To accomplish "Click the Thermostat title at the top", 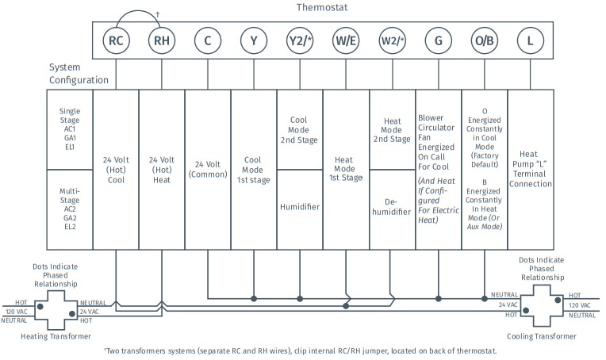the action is pyautogui.click(x=322, y=7).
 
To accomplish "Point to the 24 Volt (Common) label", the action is pyautogui.click(x=208, y=169).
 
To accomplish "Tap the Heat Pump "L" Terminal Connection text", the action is pyautogui.click(x=530, y=169).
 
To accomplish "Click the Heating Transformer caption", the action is pyautogui.click(x=56, y=336).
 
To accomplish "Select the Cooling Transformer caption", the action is pyautogui.click(x=542, y=336).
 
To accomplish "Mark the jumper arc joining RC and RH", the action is pyautogui.click(x=139, y=11).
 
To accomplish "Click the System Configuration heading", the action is pyautogui.click(x=79, y=74).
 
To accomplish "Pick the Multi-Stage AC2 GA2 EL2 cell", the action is pyautogui.click(x=70, y=209).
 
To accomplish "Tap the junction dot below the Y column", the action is pyautogui.click(x=254, y=299).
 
